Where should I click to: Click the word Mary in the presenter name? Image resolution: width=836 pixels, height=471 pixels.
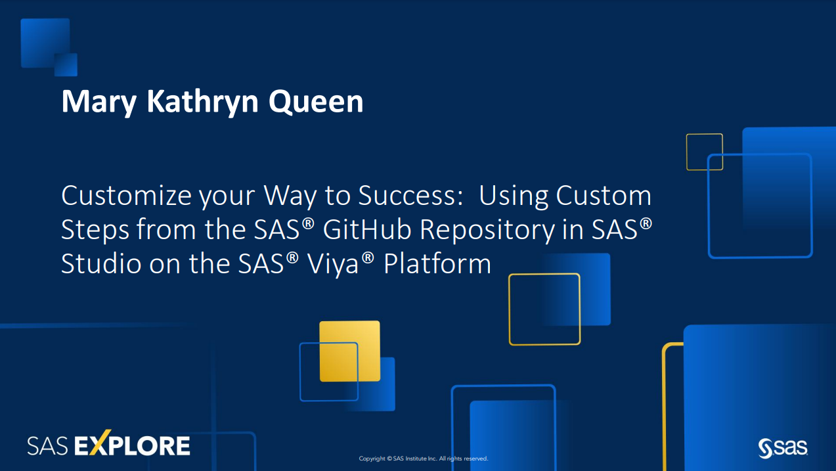[99, 102]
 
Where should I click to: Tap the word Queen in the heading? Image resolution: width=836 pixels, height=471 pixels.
[316, 102]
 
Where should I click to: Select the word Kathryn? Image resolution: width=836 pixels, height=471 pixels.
[203, 102]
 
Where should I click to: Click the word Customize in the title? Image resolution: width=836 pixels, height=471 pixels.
[126, 195]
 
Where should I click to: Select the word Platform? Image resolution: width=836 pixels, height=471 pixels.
[437, 263]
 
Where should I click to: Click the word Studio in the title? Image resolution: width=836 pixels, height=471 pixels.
[100, 263]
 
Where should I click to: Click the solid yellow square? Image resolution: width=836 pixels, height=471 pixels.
[350, 351]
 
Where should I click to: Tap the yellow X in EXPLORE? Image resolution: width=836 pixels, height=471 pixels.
[100, 443]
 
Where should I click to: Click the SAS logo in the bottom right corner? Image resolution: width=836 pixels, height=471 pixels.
[783, 448]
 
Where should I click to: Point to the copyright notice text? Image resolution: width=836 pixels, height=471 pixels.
[423, 459]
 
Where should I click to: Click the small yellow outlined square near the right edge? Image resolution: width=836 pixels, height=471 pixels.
[704, 152]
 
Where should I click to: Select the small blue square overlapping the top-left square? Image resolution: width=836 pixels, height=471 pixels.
[66, 64]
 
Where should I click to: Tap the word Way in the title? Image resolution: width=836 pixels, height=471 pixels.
[290, 196]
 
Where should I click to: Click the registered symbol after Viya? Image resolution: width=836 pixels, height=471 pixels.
[368, 257]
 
